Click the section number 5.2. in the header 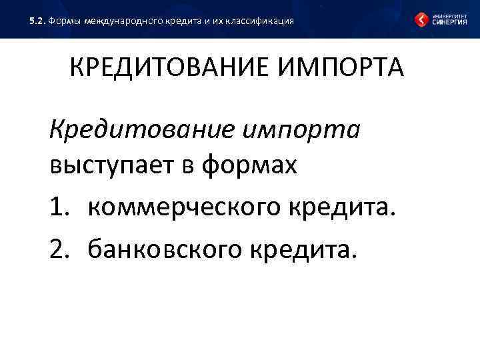37,21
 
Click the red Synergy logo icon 421,19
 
